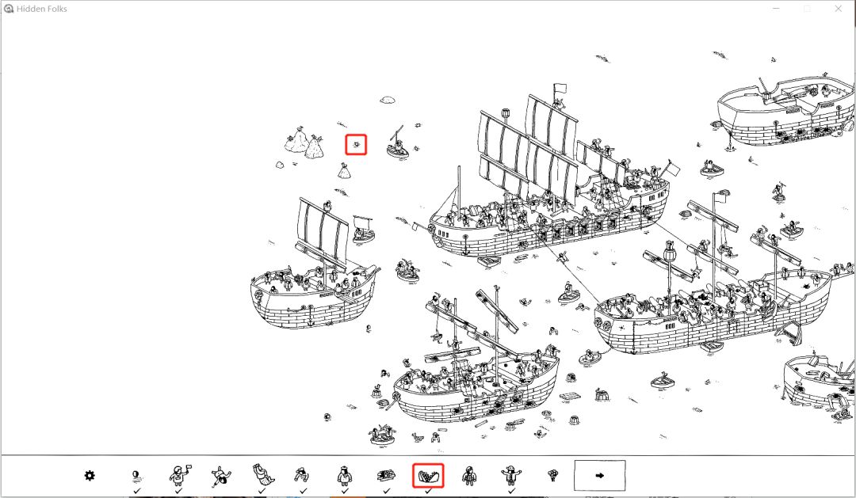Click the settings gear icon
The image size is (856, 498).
tap(90, 476)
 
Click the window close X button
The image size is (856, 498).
tap(839, 8)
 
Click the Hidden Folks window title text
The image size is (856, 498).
tap(42, 9)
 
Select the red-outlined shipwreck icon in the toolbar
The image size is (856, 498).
tap(428, 476)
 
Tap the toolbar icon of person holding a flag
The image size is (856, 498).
tap(178, 475)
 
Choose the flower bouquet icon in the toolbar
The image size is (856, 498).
tap(552, 475)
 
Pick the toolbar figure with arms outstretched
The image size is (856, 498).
tap(510, 475)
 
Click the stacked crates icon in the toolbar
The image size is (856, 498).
tap(386, 476)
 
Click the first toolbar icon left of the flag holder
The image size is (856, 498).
tap(137, 476)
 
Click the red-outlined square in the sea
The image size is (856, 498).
tap(356, 145)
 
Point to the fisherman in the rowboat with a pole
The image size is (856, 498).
tap(398, 145)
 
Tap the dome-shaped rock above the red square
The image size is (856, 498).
tap(387, 100)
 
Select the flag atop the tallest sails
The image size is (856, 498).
tap(560, 88)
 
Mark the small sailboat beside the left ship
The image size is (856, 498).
tap(363, 229)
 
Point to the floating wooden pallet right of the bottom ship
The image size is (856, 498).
tap(569, 397)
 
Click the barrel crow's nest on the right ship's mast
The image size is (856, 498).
tap(669, 253)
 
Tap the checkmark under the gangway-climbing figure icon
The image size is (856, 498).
tap(303, 491)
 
